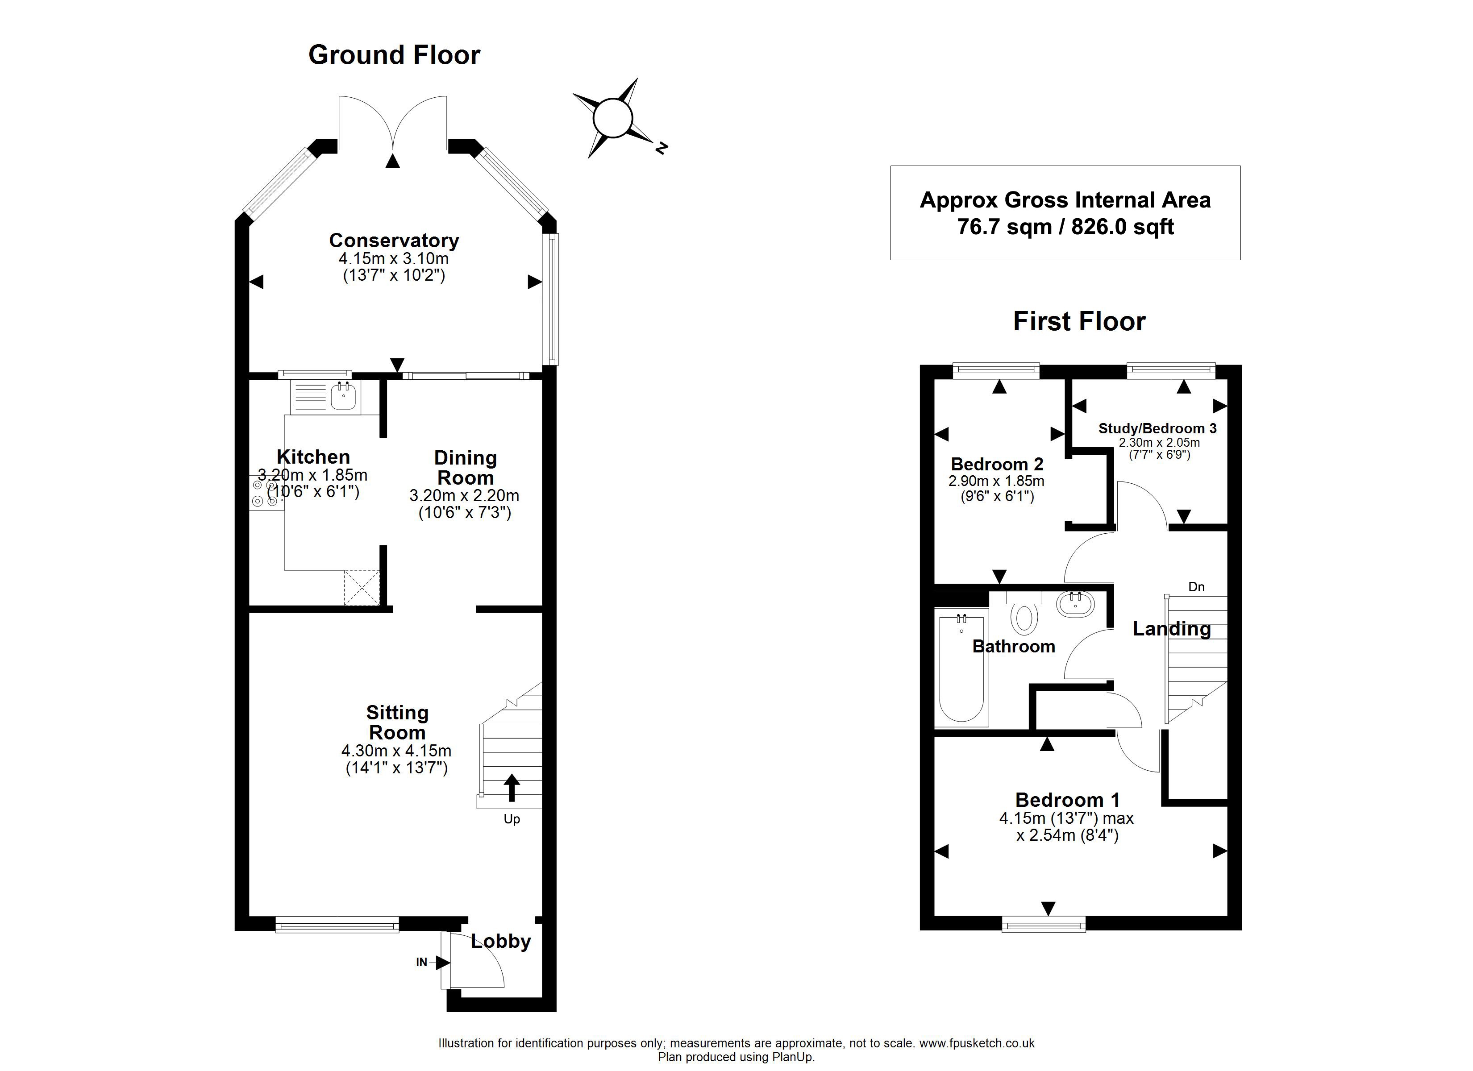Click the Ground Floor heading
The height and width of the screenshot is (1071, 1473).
point(394,55)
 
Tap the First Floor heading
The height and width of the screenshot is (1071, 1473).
point(1079,321)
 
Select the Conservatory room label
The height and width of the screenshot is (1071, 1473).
point(394,241)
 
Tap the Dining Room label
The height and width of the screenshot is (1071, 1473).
point(465,468)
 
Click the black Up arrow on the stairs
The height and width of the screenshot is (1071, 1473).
point(512,788)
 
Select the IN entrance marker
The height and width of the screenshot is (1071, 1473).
point(422,962)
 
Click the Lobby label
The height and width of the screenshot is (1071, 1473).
point(501,941)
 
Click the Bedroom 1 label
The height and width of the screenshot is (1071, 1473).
point(1067,800)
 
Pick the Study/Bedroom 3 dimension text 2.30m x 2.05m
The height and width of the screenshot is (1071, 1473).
point(1159,442)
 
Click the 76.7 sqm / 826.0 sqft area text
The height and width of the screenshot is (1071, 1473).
point(1065,227)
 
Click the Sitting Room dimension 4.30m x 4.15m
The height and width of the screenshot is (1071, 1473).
point(396,751)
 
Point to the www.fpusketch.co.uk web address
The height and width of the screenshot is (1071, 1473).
point(977,1043)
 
